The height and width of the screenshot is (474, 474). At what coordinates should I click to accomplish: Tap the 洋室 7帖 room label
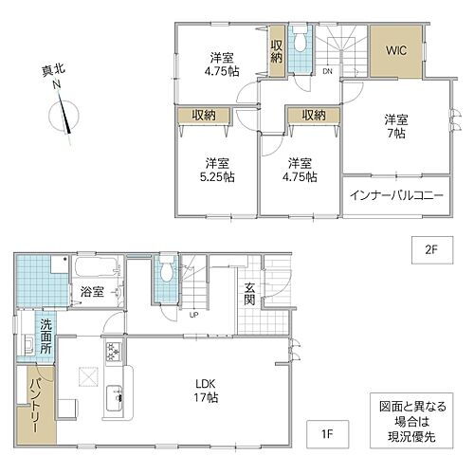pyautogui.click(x=395, y=127)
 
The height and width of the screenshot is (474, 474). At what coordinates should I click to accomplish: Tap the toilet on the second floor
pyautogui.click(x=301, y=42)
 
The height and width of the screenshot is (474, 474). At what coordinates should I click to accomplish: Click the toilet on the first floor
pyautogui.click(x=168, y=272)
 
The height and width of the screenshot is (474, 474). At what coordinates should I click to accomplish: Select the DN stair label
pyautogui.click(x=326, y=70)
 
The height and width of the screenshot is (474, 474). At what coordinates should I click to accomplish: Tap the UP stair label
pyautogui.click(x=193, y=316)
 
